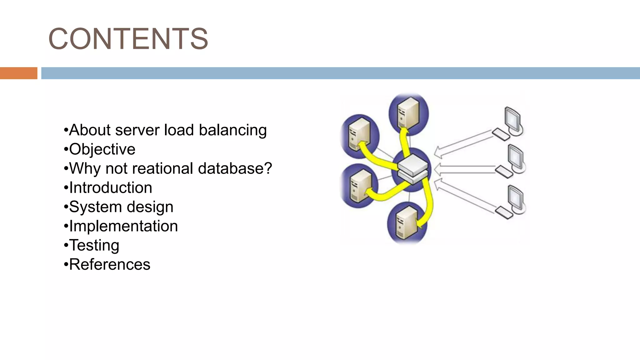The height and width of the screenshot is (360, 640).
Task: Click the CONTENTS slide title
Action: pos(128,39)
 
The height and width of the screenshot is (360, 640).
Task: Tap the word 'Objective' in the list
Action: pos(102,149)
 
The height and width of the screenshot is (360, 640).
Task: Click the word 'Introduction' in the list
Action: pos(111,188)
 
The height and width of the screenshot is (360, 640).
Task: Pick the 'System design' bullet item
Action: pos(121,207)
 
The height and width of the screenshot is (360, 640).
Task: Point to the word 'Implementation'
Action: pos(123,226)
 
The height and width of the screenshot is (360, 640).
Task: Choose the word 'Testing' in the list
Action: pos(94,245)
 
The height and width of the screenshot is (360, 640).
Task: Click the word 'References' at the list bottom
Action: pos(109,265)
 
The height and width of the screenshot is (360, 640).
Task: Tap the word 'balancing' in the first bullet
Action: pos(233,130)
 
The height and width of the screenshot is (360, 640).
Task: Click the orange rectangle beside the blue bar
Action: pos(18,73)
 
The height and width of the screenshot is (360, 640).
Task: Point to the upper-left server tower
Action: pos(359,135)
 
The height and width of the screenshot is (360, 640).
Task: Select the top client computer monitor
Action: pos(513,119)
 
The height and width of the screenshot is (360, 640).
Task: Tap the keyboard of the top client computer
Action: pos(501,134)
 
